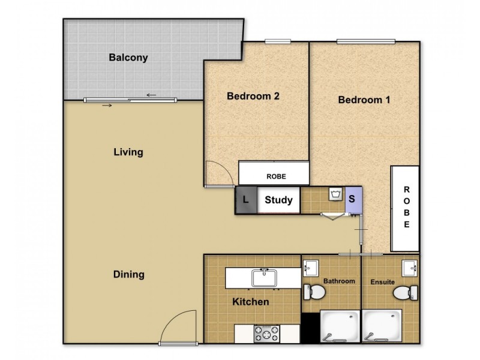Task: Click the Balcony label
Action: [x=128, y=58]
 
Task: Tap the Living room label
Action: [x=128, y=152]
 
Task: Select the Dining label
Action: [x=128, y=275]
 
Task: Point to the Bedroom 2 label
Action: [x=253, y=95]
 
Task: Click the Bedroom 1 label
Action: [x=364, y=100]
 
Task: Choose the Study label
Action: [x=278, y=200]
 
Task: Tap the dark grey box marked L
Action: [x=245, y=200]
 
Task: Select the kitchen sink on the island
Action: [x=263, y=278]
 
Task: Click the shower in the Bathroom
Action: [x=340, y=326]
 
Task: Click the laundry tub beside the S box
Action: [x=334, y=195]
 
